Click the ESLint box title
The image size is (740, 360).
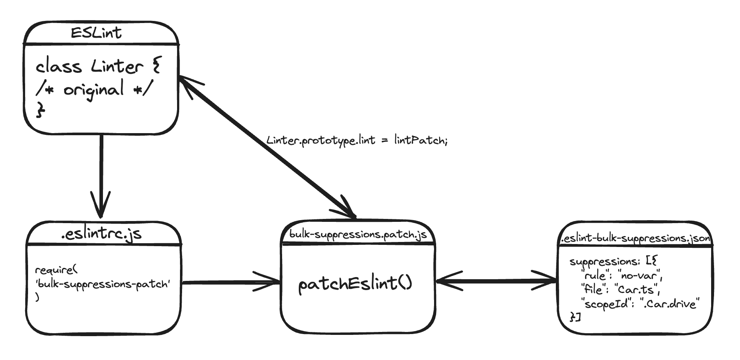(x=96, y=33)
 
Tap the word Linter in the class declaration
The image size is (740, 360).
(x=117, y=67)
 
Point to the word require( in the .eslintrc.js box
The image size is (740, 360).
(x=57, y=270)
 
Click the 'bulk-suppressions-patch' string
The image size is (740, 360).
(x=103, y=284)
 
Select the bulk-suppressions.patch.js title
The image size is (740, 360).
(x=358, y=234)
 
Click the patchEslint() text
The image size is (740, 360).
(x=355, y=284)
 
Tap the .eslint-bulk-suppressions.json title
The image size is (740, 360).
(x=635, y=238)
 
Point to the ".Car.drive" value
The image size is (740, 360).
(x=670, y=303)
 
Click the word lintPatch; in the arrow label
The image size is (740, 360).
(x=421, y=140)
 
